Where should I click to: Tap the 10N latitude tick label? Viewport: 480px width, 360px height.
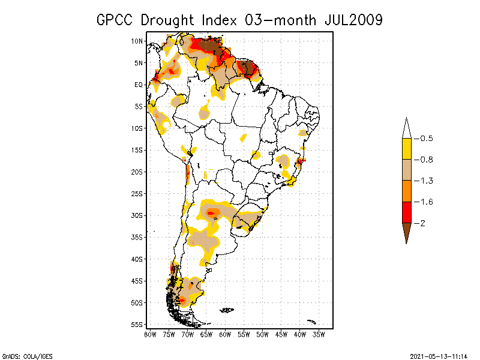[x=137, y=41]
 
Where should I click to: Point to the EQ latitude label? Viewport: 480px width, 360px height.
[x=138, y=85]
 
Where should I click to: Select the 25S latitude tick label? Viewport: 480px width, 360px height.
[x=137, y=193]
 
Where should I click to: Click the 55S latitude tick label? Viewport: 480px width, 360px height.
[x=137, y=324]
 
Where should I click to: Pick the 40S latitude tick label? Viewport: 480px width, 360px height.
[x=137, y=259]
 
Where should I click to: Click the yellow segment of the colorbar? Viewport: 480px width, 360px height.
[x=406, y=149]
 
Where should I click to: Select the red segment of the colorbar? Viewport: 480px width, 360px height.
[x=406, y=212]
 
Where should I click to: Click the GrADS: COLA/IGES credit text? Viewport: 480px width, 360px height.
[x=22, y=355]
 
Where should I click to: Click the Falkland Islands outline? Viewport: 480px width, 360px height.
[x=227, y=310]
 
